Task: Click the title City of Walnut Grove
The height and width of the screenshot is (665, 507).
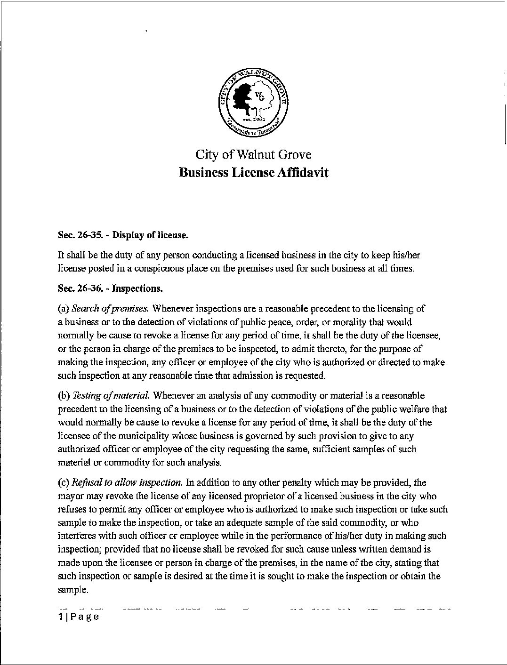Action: (253, 155)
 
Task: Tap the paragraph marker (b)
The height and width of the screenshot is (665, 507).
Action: (63, 396)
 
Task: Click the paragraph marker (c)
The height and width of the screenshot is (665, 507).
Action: (63, 482)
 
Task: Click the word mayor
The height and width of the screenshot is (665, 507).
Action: (70, 496)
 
